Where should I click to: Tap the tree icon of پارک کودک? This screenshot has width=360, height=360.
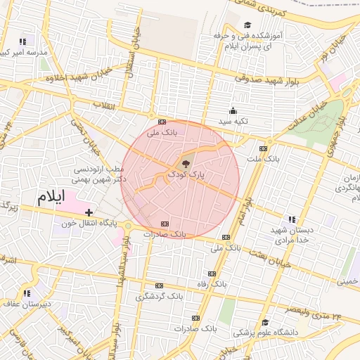coord(186,162)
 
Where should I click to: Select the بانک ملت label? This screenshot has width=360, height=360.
coord(268,159)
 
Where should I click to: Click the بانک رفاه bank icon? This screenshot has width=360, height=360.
coord(212,274)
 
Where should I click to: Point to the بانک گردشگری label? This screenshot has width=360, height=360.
coord(160,296)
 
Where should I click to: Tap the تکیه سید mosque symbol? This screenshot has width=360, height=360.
coord(233,110)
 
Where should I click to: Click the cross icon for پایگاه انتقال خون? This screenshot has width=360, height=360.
coord(89,212)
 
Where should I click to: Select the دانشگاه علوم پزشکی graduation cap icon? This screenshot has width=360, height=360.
coord(266,322)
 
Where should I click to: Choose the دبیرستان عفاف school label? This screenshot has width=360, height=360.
coord(27,304)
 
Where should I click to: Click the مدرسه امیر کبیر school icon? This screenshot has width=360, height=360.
coord(23,42)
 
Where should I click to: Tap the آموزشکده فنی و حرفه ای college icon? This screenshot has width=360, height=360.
coord(248,25)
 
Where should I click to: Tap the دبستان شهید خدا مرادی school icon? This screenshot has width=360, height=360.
coord(292,220)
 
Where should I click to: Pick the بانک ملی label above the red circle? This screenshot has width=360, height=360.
coord(162,131)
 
